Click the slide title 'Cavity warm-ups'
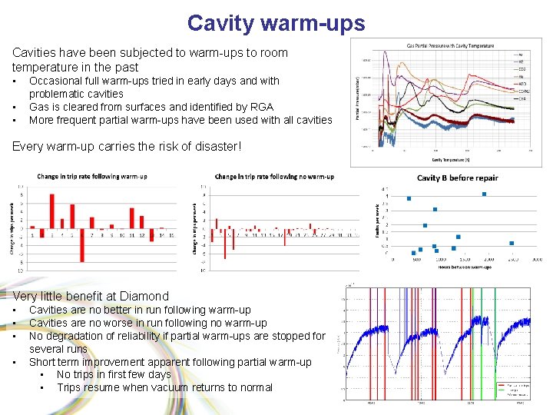tap(276, 23)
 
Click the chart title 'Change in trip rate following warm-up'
tap(92, 176)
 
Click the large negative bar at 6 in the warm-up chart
tap(82, 244)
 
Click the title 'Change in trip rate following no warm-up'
tap(274, 176)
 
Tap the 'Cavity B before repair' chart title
tap(458, 178)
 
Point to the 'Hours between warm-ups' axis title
tap(459, 267)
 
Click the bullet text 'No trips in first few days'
tap(114, 374)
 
